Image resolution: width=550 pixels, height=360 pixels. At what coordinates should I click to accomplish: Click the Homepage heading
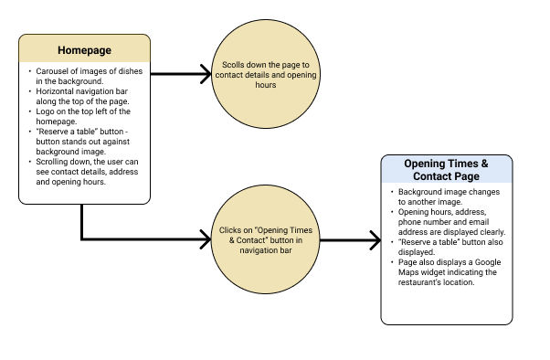(84, 49)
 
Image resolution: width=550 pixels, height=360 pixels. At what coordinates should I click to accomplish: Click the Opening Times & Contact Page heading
(446, 169)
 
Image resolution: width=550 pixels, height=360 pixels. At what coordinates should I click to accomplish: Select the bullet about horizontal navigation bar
(87, 96)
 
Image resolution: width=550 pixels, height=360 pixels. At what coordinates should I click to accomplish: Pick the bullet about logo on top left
(87, 116)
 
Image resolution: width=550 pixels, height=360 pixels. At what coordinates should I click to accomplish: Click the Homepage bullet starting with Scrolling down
(87, 171)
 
